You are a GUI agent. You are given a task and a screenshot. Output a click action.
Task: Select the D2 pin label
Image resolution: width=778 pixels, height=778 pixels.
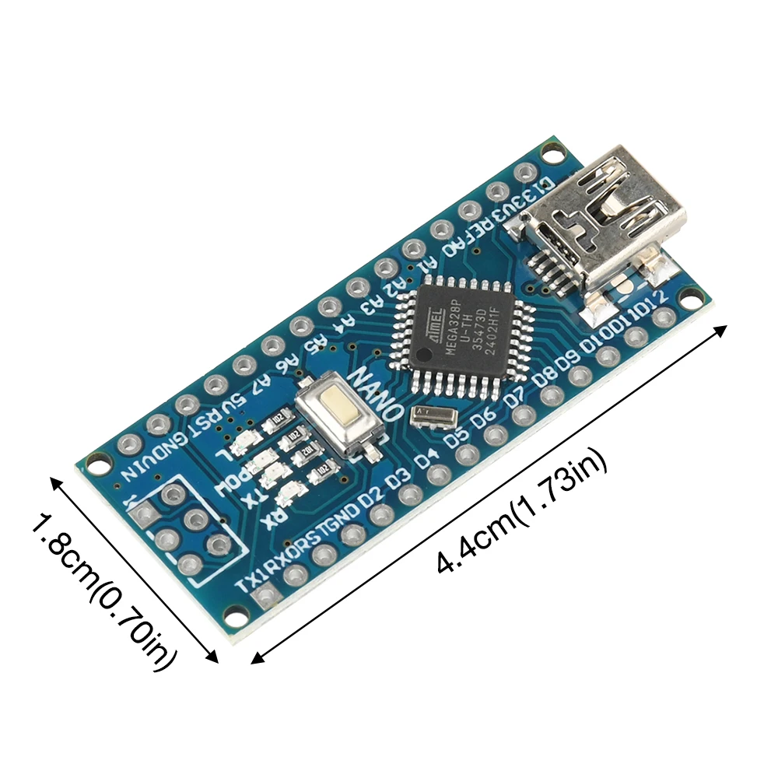tap(371, 492)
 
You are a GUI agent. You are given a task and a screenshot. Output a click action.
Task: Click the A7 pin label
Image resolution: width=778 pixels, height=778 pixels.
tap(262, 383)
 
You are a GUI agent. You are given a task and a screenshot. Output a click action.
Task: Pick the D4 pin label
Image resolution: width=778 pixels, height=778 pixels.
tap(425, 461)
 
